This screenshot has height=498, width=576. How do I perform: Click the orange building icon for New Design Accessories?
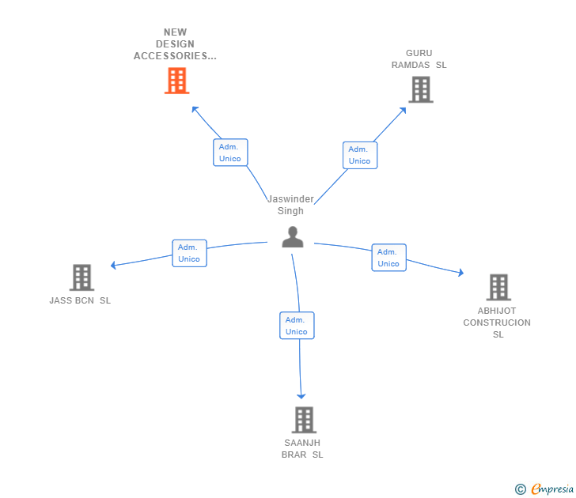point(176,81)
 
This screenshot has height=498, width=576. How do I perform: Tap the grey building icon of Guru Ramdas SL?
point(421,89)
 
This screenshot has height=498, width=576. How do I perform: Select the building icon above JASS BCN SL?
point(81,277)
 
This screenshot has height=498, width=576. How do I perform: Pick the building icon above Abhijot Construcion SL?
point(498,288)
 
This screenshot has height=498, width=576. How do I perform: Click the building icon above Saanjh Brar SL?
point(304,420)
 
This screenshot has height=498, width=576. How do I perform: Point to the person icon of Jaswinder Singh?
point(293,237)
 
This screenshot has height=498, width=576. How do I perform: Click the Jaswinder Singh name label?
point(290,205)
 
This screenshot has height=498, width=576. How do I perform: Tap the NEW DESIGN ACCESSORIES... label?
point(175,44)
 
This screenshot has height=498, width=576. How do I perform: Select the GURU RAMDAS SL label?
point(419,59)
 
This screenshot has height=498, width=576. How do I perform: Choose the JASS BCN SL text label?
point(80,300)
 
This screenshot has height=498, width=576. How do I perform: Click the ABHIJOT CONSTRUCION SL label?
point(497,323)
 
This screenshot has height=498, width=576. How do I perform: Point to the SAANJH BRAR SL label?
point(302,449)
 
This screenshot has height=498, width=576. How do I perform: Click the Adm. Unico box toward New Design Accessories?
point(230,153)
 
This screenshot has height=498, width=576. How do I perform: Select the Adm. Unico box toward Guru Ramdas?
point(360,155)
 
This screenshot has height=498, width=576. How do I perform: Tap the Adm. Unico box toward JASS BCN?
point(190,253)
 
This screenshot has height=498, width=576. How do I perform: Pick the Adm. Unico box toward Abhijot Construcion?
point(389,258)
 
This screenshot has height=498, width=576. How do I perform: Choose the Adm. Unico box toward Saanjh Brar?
point(297,326)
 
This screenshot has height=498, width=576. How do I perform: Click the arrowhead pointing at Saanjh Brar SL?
point(301,396)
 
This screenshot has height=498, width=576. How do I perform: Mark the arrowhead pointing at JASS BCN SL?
point(113,265)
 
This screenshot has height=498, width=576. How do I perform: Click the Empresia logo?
point(544,489)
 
